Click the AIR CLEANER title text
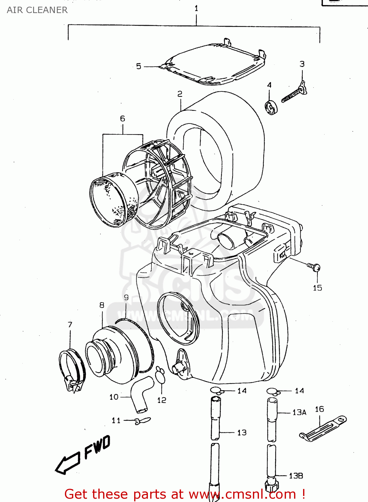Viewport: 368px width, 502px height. pyautogui.click(x=37, y=10)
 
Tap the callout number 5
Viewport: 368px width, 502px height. pyautogui.click(x=139, y=66)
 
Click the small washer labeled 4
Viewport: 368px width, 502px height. pyautogui.click(x=271, y=107)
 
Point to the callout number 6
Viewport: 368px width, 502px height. pyautogui.click(x=122, y=118)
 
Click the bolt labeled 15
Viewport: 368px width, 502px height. pyautogui.click(x=314, y=267)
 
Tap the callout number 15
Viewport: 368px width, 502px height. pyautogui.click(x=317, y=288)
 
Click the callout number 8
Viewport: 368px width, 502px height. pyautogui.click(x=102, y=305)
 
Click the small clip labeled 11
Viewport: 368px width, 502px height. pyautogui.click(x=142, y=421)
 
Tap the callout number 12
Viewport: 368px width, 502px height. pyautogui.click(x=162, y=400)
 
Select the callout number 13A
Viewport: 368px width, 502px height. pyautogui.click(x=299, y=412)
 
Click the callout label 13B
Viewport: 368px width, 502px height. pyautogui.click(x=296, y=476)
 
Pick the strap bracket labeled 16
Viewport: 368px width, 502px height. pyautogui.click(x=323, y=428)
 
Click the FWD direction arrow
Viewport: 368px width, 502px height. pyautogui.click(x=68, y=464)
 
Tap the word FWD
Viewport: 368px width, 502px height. pyautogui.click(x=97, y=447)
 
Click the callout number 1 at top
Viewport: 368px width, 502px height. pyautogui.click(x=196, y=8)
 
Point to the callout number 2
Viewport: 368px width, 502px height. pyautogui.click(x=180, y=94)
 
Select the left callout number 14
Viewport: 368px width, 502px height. pyautogui.click(x=242, y=391)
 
